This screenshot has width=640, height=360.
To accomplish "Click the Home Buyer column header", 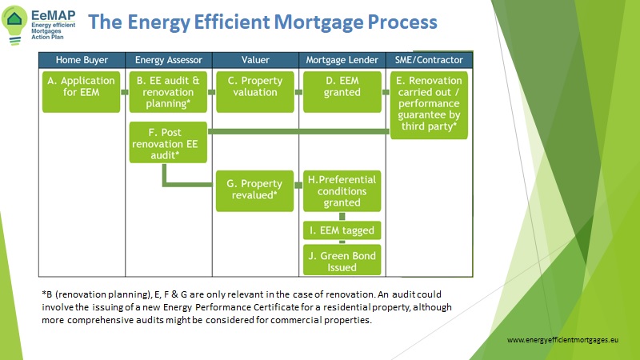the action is pos(82,60).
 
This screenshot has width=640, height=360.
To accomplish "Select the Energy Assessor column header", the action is pos(169,60).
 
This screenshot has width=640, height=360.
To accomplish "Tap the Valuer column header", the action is pos(255,60).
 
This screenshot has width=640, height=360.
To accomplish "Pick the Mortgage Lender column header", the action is pos(342,60).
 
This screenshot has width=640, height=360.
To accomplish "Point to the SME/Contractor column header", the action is pos(429,60).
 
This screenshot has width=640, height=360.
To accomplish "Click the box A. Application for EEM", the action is pos(82,92).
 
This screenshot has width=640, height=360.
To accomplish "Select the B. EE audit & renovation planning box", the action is pos(168,92).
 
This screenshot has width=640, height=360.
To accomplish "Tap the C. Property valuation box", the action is pos(255,92).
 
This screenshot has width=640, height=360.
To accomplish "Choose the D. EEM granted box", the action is pos(342,92).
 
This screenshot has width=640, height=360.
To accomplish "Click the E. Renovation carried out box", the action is pos(429,106).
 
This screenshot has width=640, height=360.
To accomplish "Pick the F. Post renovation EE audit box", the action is pos(168,142).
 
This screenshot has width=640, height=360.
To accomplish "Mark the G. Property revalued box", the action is pos(254,191).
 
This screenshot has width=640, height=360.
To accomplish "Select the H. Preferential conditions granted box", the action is pos(342,191).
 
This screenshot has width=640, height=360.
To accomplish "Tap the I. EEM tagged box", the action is pos(342,230).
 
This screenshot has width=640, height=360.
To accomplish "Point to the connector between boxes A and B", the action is pos(125,92).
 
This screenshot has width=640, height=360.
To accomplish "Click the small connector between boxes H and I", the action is pos(342,216).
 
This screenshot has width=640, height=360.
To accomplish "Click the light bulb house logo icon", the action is pos(14,25).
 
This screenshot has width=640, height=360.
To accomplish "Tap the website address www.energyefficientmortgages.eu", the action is pos(562,339).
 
